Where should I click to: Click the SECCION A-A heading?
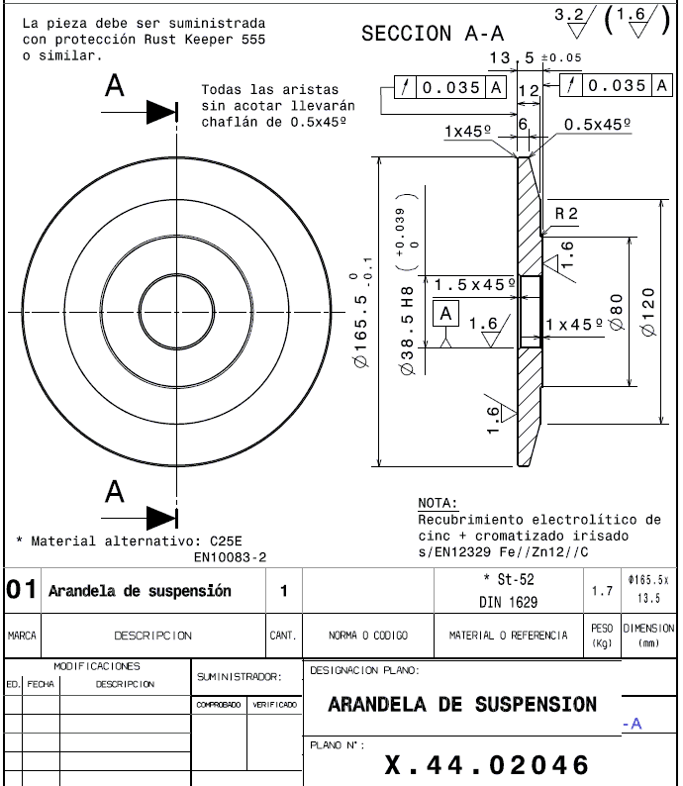point(433,33)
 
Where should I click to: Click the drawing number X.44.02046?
point(486,764)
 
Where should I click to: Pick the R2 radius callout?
point(566,214)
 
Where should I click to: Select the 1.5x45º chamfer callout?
point(476,284)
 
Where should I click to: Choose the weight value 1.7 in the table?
point(602,591)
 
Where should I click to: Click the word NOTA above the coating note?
point(437,504)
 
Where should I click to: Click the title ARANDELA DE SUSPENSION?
point(462,705)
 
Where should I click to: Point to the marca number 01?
point(22,591)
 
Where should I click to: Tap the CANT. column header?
point(283,635)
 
